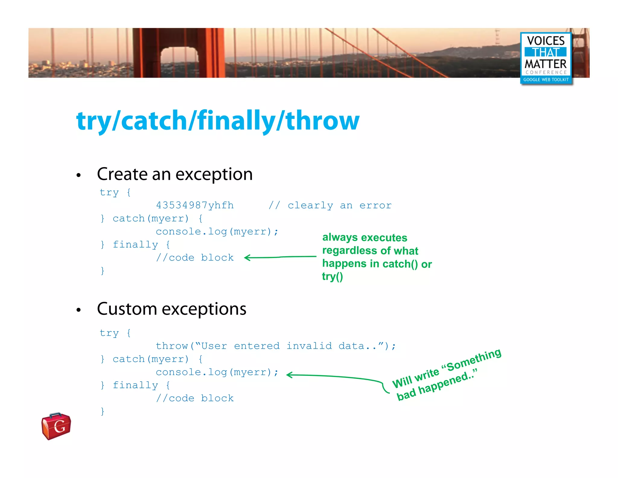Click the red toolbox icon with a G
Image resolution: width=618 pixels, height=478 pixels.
tap(56, 426)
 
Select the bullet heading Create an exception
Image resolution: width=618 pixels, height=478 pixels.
tap(175, 174)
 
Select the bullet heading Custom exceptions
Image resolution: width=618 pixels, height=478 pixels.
tap(171, 309)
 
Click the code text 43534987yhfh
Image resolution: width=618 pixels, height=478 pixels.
tap(195, 205)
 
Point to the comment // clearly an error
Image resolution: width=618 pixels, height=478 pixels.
tap(330, 205)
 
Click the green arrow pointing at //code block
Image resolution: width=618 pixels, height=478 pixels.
tap(280, 257)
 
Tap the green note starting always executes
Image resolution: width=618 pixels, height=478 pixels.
tap(377, 257)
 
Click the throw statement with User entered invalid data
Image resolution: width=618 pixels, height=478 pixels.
tap(276, 346)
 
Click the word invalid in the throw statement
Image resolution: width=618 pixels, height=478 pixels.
tap(309, 346)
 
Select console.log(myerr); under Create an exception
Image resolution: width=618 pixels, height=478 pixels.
tap(217, 232)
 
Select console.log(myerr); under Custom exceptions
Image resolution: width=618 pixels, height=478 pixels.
tap(217, 372)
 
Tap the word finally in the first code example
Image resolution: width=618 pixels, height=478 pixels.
tap(135, 245)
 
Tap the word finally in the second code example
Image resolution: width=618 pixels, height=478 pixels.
tap(135, 385)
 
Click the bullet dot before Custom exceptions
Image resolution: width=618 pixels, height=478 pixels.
tap(79, 310)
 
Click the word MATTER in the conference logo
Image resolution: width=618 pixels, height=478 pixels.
tap(546, 64)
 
